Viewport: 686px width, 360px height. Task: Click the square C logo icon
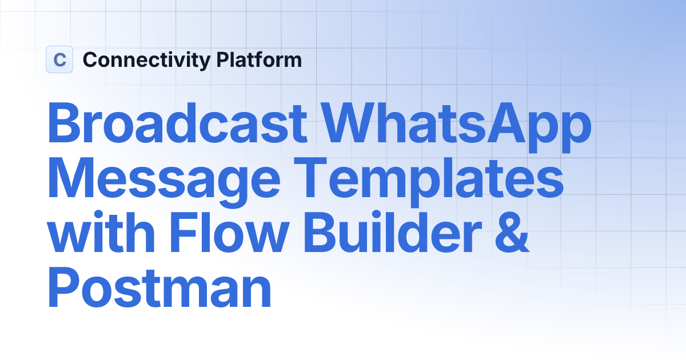tap(59, 59)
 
